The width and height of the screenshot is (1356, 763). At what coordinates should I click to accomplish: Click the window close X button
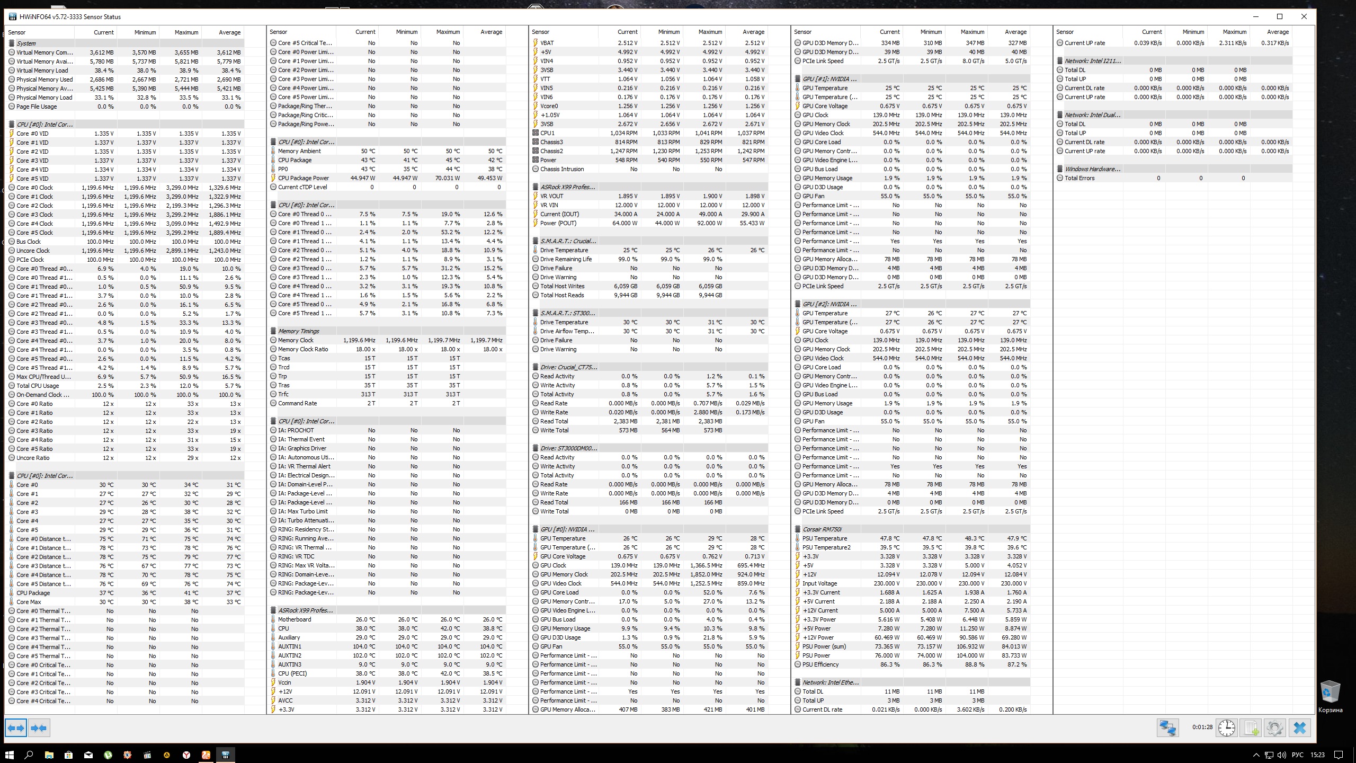coord(1304,16)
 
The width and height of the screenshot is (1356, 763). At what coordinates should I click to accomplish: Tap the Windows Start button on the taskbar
coord(9,755)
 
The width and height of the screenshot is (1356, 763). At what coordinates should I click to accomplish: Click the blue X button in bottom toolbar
coord(1299,727)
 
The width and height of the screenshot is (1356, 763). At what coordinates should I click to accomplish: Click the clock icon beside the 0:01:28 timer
coord(1226,727)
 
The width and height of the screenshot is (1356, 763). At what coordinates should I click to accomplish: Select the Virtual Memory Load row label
coord(42,70)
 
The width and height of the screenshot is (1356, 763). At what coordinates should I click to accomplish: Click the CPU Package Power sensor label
coord(304,178)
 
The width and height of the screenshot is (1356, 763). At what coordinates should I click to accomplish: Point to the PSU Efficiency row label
coord(820,664)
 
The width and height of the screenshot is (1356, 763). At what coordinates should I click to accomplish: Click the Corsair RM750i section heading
coord(822,529)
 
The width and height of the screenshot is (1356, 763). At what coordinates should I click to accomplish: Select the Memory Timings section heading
coord(299,331)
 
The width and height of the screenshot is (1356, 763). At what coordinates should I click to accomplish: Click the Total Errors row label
coord(1080,178)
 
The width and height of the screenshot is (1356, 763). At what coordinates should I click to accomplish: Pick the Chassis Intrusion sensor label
coord(562,169)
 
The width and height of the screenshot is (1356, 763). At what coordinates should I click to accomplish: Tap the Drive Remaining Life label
coord(566,259)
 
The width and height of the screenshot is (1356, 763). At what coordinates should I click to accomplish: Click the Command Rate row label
coord(297,403)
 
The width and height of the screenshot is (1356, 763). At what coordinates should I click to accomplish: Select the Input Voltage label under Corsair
coord(820,583)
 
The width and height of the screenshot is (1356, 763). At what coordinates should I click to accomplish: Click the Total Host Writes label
coord(562,286)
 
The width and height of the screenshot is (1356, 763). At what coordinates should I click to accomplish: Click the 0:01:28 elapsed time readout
coord(1202,727)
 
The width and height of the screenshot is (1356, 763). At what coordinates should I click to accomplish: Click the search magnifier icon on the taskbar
coord(29,755)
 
